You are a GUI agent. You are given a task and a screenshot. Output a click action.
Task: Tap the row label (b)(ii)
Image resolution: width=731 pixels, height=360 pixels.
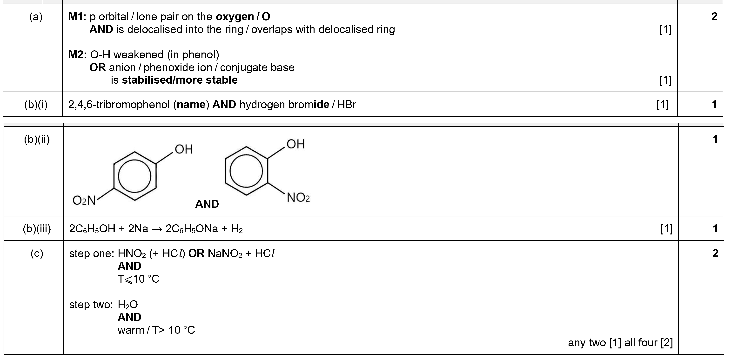point(37,140)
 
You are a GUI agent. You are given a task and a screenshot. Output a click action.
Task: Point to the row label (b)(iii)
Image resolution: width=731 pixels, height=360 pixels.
point(37,229)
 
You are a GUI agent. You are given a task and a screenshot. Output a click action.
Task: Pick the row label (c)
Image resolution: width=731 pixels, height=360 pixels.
point(37,253)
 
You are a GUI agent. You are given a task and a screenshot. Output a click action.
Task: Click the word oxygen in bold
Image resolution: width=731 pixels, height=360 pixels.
point(235,17)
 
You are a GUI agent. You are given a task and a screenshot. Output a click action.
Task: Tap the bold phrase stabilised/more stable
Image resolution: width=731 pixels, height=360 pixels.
point(180,80)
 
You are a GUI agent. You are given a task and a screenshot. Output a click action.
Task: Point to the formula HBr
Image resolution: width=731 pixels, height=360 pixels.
point(347,105)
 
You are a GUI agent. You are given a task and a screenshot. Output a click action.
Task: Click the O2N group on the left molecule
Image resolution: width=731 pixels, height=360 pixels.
point(84,200)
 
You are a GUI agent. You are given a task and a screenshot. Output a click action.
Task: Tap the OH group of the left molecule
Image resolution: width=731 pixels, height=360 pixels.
point(184,149)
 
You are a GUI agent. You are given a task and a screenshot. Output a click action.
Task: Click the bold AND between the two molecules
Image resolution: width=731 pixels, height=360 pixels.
point(207,204)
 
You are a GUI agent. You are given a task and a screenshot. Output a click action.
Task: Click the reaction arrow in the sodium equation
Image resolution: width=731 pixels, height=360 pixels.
point(157,229)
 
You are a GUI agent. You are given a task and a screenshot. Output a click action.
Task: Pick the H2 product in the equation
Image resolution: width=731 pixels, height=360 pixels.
point(237,229)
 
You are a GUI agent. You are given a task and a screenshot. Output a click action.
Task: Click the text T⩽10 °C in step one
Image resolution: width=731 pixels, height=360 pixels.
point(139,279)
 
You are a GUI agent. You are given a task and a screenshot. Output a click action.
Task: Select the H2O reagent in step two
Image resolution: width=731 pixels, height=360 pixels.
point(128,305)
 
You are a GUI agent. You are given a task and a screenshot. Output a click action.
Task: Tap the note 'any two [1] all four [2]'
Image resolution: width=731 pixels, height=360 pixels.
point(620,343)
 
